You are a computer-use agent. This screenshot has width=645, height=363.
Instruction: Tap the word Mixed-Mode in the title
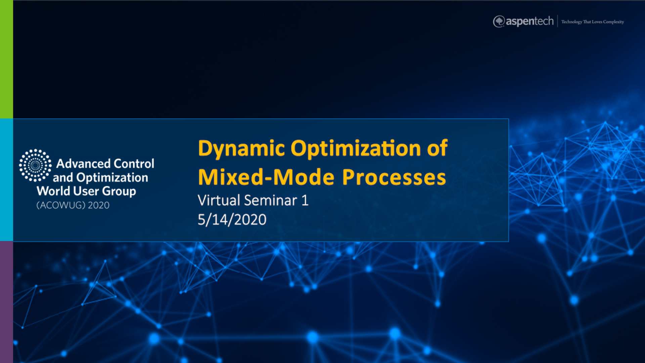click(266, 177)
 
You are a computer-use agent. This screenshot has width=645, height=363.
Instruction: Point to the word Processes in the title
click(394, 177)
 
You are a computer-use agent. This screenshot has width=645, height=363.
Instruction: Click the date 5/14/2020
click(232, 220)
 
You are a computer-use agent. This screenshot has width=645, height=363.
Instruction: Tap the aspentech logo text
click(529, 22)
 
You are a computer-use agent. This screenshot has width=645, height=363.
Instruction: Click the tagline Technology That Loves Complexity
click(593, 22)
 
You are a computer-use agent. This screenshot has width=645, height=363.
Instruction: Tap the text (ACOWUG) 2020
click(73, 205)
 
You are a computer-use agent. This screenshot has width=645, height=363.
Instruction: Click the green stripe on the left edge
click(6, 59)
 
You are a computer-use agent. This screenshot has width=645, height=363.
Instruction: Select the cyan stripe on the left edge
click(6, 180)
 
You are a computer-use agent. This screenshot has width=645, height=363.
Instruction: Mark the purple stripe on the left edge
click(6, 302)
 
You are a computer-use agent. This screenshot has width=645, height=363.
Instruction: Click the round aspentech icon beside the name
click(499, 22)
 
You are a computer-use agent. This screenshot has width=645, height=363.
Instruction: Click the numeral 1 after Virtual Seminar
click(305, 200)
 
